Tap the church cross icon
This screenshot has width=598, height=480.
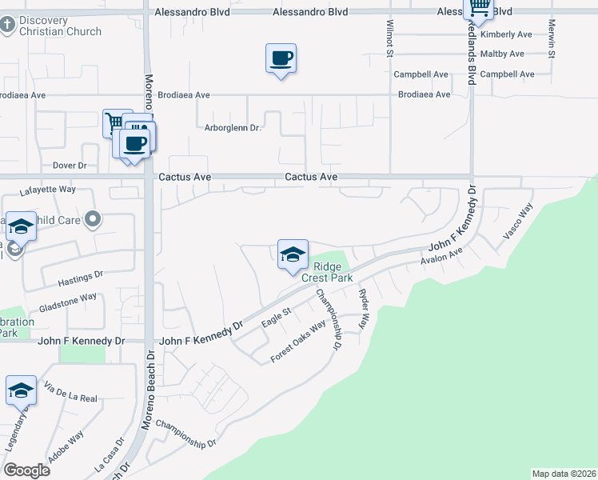point(7,25)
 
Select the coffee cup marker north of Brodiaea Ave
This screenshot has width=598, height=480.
point(281,58)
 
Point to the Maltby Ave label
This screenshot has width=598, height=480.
point(502,54)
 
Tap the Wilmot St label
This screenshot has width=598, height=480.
point(390,40)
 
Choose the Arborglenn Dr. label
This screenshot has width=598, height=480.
point(233,127)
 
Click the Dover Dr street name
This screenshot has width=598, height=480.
point(69,166)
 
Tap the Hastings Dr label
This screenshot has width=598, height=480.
point(82,274)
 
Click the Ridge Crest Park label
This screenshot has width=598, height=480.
point(326,272)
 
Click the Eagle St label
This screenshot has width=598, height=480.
point(275,317)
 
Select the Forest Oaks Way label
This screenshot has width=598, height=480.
point(298,342)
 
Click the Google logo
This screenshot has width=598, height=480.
point(26,470)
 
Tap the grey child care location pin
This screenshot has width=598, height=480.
point(94,218)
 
